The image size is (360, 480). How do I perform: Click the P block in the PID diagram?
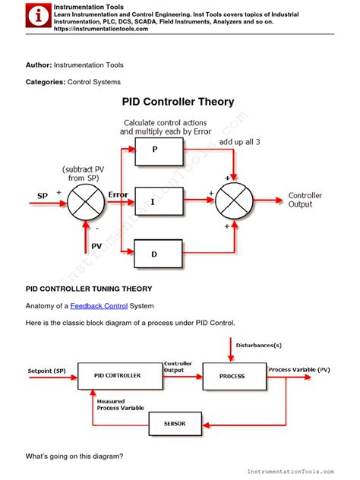(x=158, y=150)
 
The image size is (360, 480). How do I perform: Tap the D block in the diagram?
(x=158, y=253)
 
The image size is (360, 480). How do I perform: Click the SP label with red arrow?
(x=43, y=196)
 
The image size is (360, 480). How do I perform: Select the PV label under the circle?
(x=96, y=245)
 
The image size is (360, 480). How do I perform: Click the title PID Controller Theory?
(x=178, y=102)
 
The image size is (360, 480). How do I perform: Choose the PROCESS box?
(x=232, y=376)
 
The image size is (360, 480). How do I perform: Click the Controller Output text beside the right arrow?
(x=305, y=200)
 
